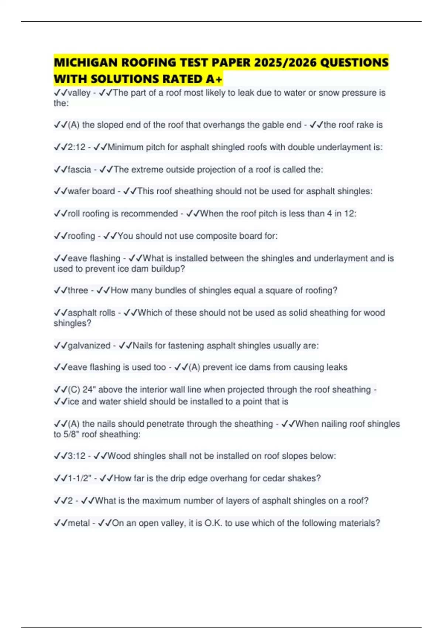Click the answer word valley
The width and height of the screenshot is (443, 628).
tap(79, 93)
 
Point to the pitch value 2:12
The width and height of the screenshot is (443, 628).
tap(77, 147)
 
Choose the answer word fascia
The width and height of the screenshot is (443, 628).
tap(79, 170)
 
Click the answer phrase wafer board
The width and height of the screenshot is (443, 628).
tap(91, 191)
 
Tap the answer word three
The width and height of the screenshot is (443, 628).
tap(78, 290)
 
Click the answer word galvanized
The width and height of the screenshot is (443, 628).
tap(89, 346)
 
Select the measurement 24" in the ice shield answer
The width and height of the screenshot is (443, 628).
tap(89, 390)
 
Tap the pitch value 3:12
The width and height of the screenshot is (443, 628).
tap(77, 456)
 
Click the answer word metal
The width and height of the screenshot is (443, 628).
tap(79, 523)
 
